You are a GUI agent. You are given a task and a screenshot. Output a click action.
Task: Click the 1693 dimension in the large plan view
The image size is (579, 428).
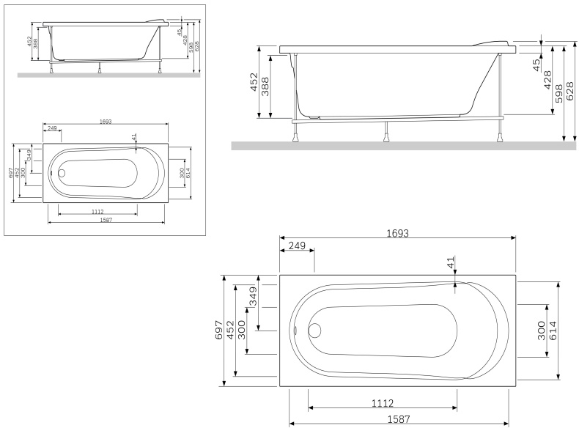tap(397, 232)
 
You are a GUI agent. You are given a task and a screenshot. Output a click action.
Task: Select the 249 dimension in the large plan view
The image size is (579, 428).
tap(297, 246)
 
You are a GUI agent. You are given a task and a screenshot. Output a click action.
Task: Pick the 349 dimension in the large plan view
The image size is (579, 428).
tap(253, 295)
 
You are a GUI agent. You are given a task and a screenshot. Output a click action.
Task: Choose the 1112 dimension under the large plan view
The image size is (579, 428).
tap(383, 402)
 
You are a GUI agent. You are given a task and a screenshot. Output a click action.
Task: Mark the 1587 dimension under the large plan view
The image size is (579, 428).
tap(398, 419)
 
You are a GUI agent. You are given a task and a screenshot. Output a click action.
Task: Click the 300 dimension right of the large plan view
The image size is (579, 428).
tap(541, 331)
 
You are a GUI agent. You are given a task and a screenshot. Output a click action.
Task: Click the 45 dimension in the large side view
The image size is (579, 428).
tap(536, 64)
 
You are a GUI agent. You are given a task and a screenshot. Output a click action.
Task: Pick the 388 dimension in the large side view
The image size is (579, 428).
tap(265, 86)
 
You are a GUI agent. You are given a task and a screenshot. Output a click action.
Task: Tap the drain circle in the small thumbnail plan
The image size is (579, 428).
tap(62, 174)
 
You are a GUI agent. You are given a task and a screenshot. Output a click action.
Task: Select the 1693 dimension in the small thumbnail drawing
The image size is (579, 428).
tap(104, 122)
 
